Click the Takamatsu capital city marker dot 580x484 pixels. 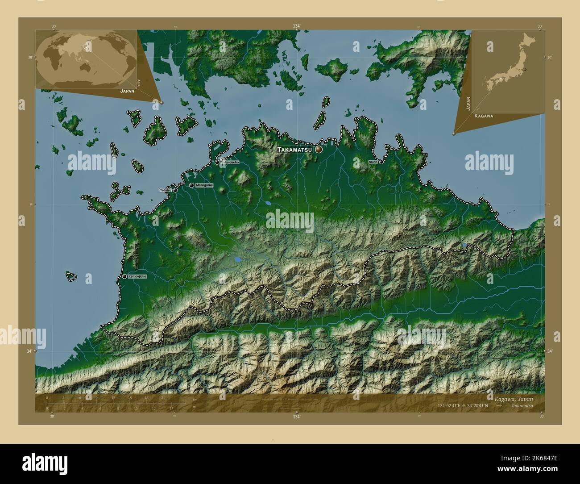point(319,150)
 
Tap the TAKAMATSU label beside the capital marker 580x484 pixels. point(296,150)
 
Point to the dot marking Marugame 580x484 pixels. point(191,185)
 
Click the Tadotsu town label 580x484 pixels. point(165,190)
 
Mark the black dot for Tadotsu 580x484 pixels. point(175,190)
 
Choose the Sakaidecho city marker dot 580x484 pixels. point(217,162)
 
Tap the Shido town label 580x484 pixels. point(373,162)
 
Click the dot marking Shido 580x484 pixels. point(381,162)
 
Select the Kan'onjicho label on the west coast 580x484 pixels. point(137,277)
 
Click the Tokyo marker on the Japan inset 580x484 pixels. point(525,70)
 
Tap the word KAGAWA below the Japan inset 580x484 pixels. point(484,116)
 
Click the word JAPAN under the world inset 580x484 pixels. point(127,90)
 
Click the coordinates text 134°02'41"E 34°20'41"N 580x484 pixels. point(468,405)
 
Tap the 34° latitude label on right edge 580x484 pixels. point(550,351)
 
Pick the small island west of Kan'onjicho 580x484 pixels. point(70,276)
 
